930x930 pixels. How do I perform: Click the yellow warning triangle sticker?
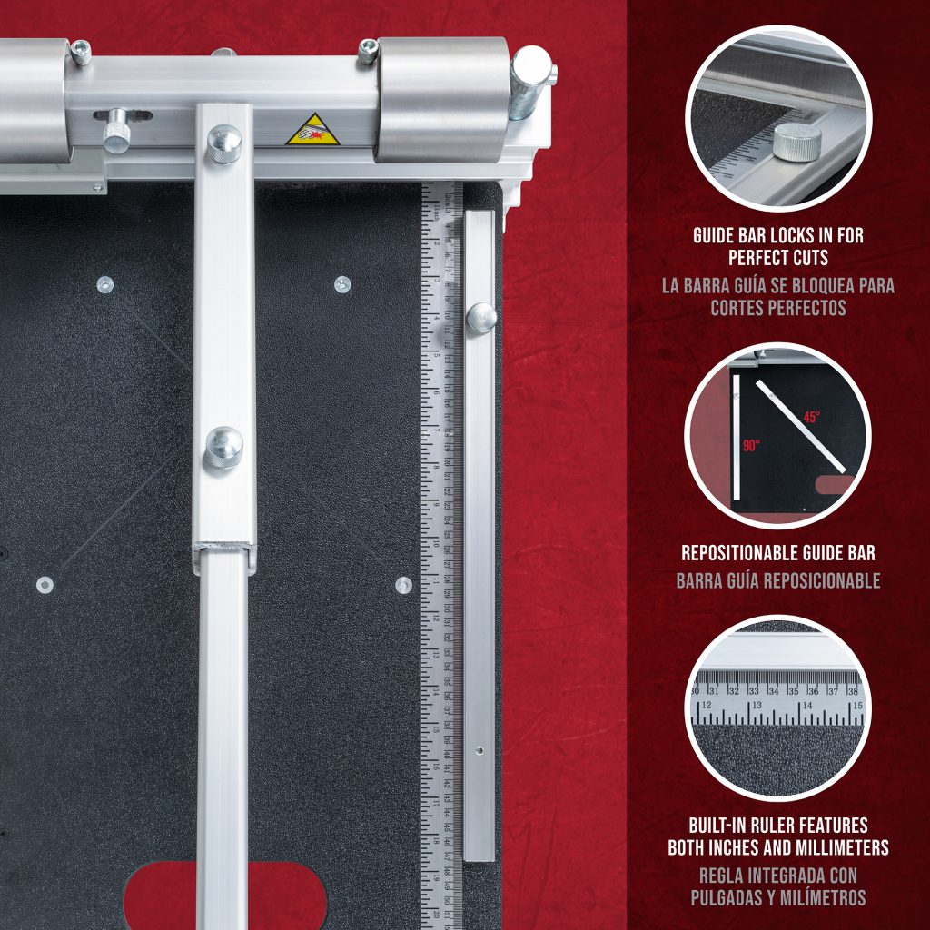point(312,131)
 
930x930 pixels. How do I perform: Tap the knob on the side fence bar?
point(480,317)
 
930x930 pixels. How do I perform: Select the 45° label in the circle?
point(810,417)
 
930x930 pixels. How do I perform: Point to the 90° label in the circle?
point(750,446)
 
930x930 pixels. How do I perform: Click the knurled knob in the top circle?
point(796,143)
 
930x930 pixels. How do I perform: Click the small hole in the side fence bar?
point(479,752)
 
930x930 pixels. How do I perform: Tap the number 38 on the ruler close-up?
point(851,690)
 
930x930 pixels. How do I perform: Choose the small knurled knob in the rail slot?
point(116,130)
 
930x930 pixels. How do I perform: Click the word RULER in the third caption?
point(780,826)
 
